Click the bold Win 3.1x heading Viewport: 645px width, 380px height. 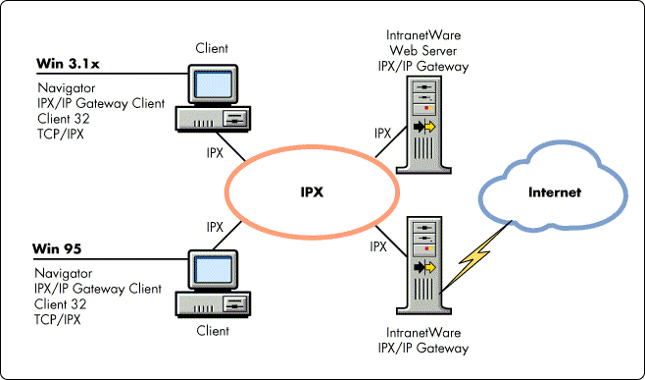[x=68, y=64]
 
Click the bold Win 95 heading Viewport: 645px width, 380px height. [x=57, y=249]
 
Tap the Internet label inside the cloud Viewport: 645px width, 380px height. [x=555, y=192]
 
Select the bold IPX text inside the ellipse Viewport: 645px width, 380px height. [x=312, y=192]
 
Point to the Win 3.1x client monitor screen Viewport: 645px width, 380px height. [x=213, y=84]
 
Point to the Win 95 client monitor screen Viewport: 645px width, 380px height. [x=213, y=270]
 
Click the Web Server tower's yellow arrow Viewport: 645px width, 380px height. [x=430, y=127]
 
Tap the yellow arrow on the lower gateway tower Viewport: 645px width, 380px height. [x=430, y=267]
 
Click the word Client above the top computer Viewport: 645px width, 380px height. [x=212, y=48]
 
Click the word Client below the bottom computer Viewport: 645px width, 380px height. [x=213, y=331]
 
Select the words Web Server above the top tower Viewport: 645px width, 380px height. [x=422, y=51]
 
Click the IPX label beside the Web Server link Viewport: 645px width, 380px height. [x=382, y=134]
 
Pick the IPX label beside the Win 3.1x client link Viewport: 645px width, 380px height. [x=215, y=153]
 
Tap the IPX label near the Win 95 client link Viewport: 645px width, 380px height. [x=215, y=227]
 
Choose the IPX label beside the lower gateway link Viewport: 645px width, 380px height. [x=378, y=246]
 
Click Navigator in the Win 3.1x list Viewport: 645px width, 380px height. [x=67, y=88]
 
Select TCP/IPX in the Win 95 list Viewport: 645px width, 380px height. [x=58, y=319]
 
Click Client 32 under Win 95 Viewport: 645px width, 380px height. [x=61, y=304]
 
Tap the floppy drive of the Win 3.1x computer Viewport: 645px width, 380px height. [x=234, y=119]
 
